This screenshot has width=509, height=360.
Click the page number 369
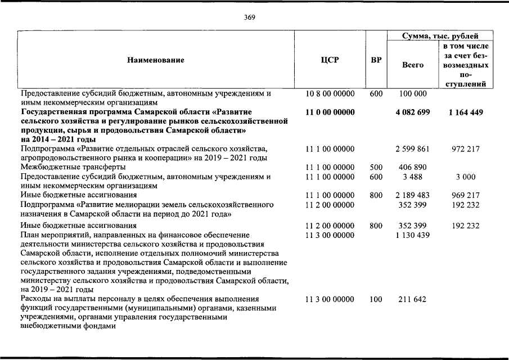pyautogui.click(x=250, y=17)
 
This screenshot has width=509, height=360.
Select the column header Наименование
pyautogui.click(x=156, y=60)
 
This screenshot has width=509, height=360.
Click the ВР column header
pyautogui.click(x=376, y=60)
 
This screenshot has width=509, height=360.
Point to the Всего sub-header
pyautogui.click(x=413, y=65)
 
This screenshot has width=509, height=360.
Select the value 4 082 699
pyautogui.click(x=412, y=112)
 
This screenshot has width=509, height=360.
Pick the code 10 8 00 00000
pyautogui.click(x=330, y=94)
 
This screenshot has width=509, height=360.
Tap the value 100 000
pyautogui.click(x=413, y=94)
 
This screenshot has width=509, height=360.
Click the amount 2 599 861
pyautogui.click(x=412, y=149)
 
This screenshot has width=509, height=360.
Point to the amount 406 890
pyautogui.click(x=412, y=168)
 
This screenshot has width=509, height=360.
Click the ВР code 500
pyautogui.click(x=376, y=168)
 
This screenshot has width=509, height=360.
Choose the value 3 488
pyautogui.click(x=413, y=177)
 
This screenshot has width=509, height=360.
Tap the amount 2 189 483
pyautogui.click(x=412, y=195)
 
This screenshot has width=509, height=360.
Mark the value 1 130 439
pyautogui.click(x=412, y=235)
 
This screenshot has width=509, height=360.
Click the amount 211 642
pyautogui.click(x=412, y=299)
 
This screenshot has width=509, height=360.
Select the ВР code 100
pyautogui.click(x=376, y=299)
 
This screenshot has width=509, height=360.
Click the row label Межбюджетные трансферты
pyautogui.click(x=73, y=168)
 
